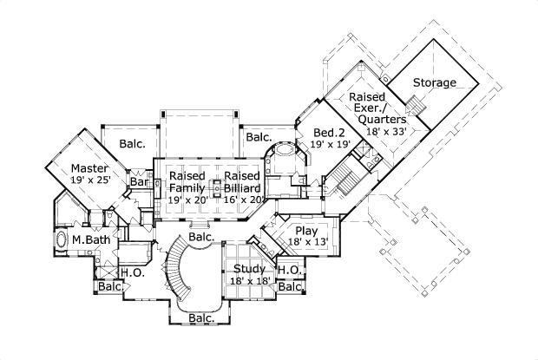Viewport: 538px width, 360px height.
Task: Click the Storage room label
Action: click(434, 82)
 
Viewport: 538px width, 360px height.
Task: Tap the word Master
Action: click(89, 167)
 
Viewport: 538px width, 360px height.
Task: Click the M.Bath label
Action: click(89, 239)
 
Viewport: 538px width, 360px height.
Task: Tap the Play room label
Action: click(306, 231)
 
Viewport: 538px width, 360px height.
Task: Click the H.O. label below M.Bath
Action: click(132, 272)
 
